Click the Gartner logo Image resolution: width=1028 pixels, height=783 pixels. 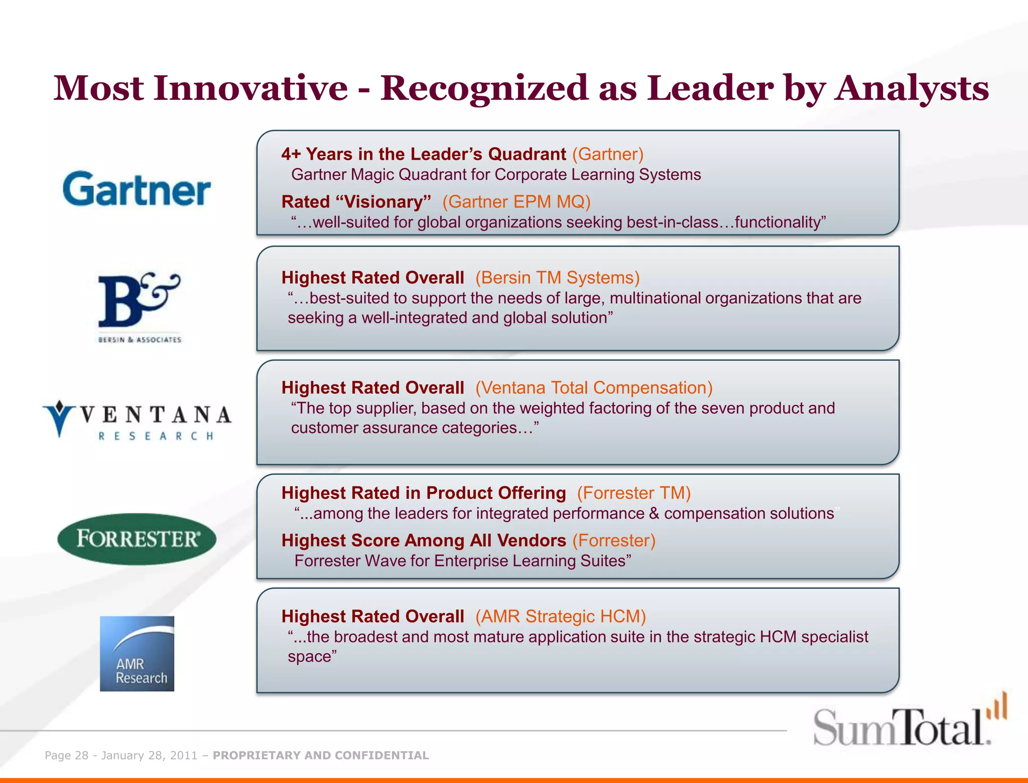137,189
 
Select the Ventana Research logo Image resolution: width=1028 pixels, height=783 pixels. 137,420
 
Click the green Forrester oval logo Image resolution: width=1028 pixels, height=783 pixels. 137,539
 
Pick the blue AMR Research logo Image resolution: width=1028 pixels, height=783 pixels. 137,654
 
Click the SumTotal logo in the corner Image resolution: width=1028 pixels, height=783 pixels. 909,723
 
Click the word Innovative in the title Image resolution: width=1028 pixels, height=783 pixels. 251,88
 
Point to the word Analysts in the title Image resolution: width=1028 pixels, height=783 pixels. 912,88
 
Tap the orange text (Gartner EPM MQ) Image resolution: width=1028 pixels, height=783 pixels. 516,202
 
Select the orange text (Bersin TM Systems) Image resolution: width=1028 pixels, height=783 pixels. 557,278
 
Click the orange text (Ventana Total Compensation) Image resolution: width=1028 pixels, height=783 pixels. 594,387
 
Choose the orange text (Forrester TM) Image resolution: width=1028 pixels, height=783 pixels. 633,493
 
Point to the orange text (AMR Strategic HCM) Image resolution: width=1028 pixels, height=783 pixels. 560,616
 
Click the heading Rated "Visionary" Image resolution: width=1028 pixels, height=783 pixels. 356,202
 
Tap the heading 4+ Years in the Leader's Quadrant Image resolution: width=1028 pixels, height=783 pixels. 424,154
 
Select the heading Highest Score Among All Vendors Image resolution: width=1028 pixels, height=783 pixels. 424,541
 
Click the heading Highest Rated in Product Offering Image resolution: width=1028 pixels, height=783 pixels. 424,493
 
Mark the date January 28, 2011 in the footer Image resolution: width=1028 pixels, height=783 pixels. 150,755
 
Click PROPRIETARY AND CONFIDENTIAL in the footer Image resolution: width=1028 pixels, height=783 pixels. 321,755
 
